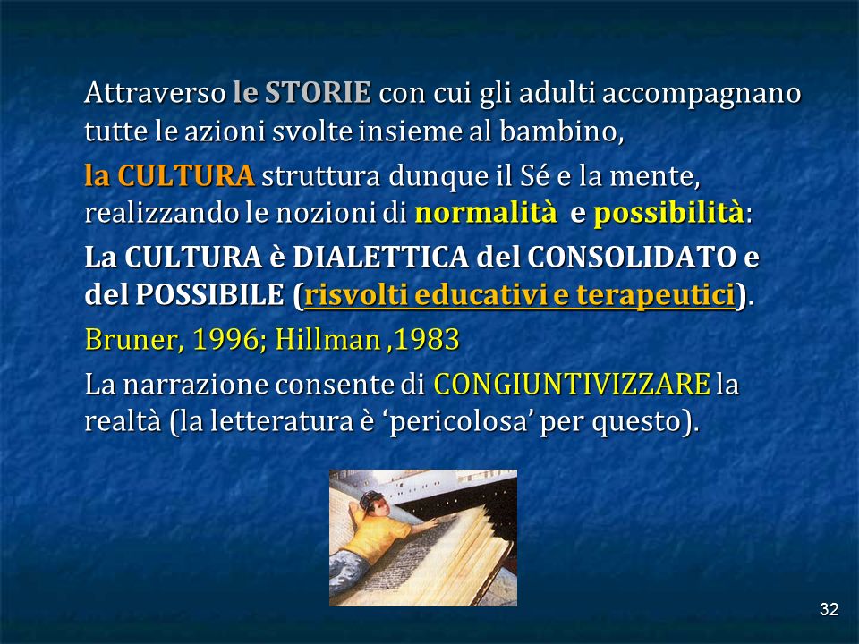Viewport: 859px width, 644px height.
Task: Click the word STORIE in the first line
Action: point(318,92)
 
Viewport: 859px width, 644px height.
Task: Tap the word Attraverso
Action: point(155,92)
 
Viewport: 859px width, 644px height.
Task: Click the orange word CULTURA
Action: point(186,175)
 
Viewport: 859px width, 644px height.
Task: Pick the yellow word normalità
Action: point(486,213)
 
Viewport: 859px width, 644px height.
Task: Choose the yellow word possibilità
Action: point(669,214)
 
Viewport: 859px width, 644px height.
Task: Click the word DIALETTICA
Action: point(381,257)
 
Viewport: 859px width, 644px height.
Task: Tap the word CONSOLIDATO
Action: point(632,257)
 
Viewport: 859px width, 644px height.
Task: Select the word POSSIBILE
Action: point(209,294)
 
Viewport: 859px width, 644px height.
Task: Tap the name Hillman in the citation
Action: point(327,340)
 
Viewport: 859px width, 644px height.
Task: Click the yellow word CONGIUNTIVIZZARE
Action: point(572,384)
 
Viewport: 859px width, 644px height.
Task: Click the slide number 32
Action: point(829,609)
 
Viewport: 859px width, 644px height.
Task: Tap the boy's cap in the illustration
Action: point(370,499)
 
